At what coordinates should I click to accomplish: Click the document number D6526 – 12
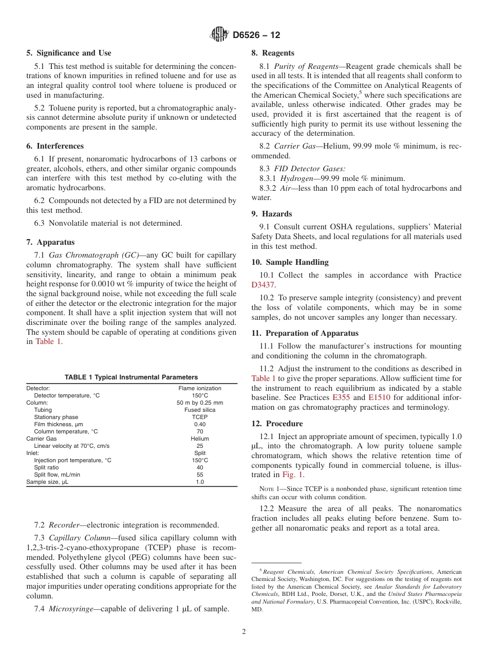click(x=256, y=35)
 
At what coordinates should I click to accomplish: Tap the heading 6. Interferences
click(x=55, y=146)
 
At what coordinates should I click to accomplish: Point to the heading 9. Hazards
click(x=272, y=214)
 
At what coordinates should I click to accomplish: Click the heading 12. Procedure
click(x=277, y=424)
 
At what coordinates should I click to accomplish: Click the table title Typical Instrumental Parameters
click(x=131, y=377)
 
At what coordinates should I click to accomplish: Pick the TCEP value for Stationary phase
click(x=200, y=417)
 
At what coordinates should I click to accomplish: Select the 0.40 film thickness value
click(x=200, y=424)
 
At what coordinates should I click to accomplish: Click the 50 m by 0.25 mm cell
click(x=200, y=403)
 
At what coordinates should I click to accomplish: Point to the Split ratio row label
click(x=46, y=467)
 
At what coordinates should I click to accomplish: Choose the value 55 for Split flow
click(x=200, y=475)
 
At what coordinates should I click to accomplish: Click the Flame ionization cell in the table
click(x=200, y=388)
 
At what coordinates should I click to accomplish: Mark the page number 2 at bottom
click(x=244, y=632)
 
